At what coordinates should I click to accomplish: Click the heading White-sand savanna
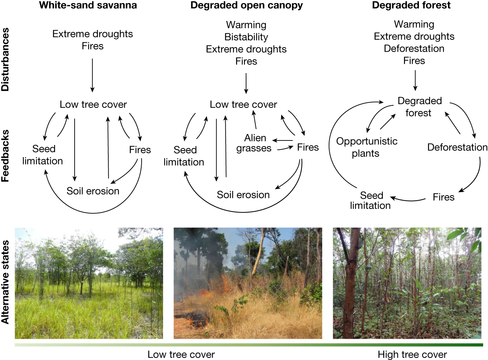(88, 5)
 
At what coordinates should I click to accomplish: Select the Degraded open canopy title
(246, 5)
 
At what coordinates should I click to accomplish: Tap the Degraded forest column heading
(411, 5)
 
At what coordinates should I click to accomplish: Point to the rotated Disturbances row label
(5, 60)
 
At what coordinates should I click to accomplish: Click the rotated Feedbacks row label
(5, 156)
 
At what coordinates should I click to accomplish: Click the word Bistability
(246, 37)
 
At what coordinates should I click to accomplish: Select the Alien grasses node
(254, 143)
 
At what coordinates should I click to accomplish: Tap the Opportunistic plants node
(367, 147)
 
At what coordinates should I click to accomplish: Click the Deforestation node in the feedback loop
(457, 147)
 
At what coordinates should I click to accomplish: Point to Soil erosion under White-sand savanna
(93, 191)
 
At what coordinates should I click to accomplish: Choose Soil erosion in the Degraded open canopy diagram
(243, 195)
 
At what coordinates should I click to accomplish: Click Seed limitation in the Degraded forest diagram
(371, 200)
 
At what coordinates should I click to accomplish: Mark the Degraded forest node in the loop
(419, 107)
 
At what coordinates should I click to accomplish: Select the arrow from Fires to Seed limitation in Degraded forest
(408, 199)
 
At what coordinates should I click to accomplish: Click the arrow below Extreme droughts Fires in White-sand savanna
(92, 75)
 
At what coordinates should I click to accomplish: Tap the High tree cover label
(412, 354)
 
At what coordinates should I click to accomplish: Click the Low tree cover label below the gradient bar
(181, 354)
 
